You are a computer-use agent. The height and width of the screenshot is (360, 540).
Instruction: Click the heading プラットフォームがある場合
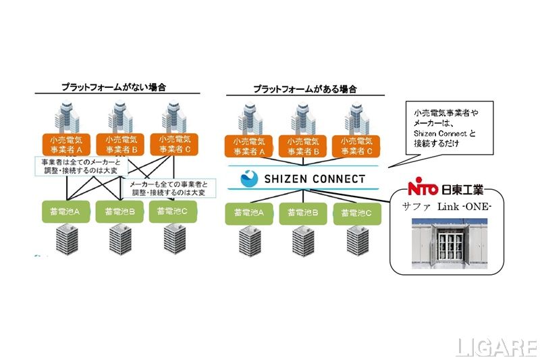point(304,88)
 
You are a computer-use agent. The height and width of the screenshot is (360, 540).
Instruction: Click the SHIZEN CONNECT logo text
point(312,179)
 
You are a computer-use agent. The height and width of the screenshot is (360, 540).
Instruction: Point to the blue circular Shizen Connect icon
point(250,179)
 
